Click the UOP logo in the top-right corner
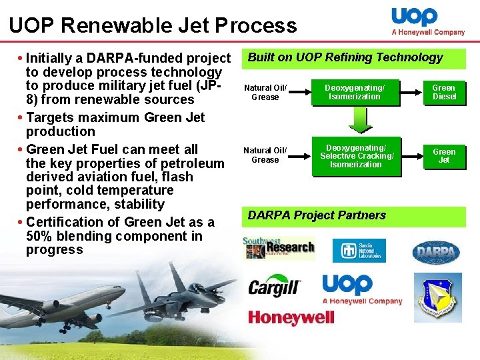[x=427, y=22]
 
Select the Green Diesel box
[x=443, y=92]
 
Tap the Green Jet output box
[x=444, y=156]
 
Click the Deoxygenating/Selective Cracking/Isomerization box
[x=356, y=156]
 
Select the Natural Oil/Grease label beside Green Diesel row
[x=265, y=92]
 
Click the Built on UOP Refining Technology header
[x=345, y=57]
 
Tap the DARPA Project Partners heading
[x=317, y=215]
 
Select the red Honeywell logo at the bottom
[x=291, y=317]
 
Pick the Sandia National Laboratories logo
[x=359, y=250]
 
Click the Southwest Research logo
[x=278, y=249]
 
